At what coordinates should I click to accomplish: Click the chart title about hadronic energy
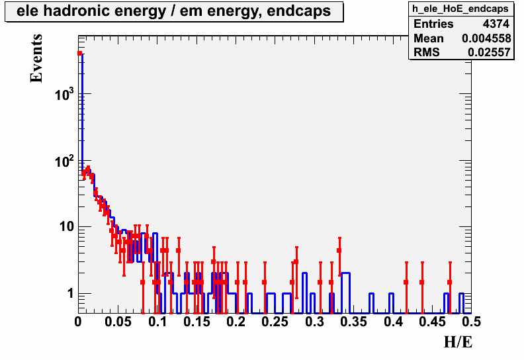point(173,11)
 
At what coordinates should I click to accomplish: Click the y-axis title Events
point(36,58)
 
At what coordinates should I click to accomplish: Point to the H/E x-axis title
point(458,342)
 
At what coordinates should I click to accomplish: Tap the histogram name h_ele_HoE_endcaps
point(460,9)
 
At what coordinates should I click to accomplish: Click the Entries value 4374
point(496,24)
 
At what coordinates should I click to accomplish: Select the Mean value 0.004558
point(486,38)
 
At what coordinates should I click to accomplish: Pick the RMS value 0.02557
point(489,52)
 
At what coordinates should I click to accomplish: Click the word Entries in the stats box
point(433,24)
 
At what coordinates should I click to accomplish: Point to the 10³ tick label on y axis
point(64,95)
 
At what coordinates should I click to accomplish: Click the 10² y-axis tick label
point(64,161)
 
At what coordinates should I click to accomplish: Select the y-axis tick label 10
point(66,227)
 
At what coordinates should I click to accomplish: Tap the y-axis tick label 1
point(70,294)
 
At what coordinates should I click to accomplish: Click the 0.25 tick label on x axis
point(275,322)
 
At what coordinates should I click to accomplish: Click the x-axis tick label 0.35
point(353,322)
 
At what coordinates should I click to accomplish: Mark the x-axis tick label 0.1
point(157,322)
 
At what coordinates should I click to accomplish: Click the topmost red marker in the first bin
point(79,53)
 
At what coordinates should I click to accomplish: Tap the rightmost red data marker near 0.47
point(450,282)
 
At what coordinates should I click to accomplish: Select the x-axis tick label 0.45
point(433,322)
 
